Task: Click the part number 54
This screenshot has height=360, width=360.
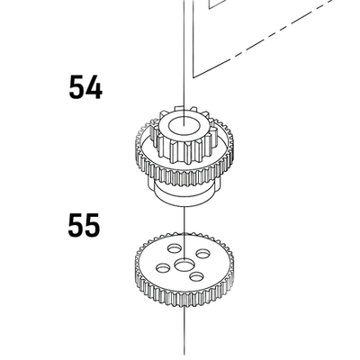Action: click(x=85, y=87)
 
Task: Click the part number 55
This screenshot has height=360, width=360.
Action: click(x=84, y=225)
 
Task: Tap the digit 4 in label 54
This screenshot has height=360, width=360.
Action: click(x=94, y=87)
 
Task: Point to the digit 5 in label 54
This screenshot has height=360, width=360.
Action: click(x=76, y=87)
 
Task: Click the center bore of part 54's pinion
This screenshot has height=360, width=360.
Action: click(x=184, y=126)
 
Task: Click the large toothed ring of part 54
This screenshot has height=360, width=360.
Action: click(x=184, y=168)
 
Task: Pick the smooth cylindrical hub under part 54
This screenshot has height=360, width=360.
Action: click(x=184, y=195)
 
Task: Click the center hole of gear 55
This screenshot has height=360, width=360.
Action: click(x=184, y=265)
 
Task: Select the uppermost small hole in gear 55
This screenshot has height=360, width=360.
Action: click(x=175, y=248)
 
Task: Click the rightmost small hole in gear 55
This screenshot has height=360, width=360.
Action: click(x=203, y=254)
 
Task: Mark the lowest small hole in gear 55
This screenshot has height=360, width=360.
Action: click(x=197, y=276)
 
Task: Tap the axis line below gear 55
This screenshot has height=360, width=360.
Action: click(x=184, y=331)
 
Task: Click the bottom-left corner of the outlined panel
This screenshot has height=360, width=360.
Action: click(x=193, y=77)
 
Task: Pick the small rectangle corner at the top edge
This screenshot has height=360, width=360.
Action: click(x=209, y=7)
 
